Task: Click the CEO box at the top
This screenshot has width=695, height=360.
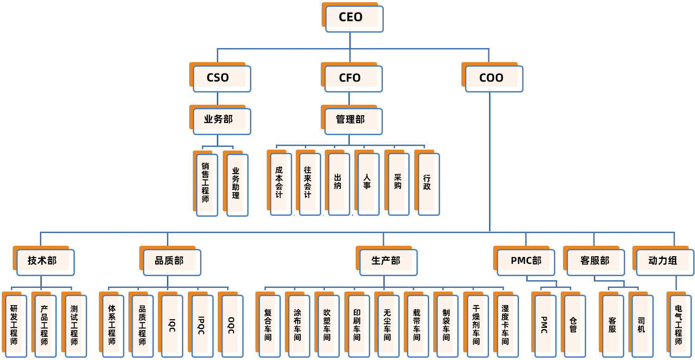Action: [354, 19]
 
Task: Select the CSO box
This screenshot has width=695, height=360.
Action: [221, 78]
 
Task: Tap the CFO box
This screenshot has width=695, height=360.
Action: [353, 78]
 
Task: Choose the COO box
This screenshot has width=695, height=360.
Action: [494, 78]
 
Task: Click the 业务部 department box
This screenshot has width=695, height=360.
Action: [221, 121]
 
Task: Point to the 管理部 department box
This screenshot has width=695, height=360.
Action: [353, 121]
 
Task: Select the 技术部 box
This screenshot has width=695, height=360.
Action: [45, 262]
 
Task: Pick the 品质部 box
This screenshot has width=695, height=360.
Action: [171, 262]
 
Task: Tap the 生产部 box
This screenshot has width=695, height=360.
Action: [388, 262]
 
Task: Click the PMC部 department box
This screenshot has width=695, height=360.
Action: [525, 262]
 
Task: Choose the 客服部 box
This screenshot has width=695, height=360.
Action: [595, 262]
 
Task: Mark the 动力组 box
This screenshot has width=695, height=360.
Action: [665, 262]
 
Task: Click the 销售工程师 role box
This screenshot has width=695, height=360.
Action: [207, 185]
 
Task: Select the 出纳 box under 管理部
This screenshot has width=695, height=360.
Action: [338, 184]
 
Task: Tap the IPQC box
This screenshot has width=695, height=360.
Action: [202, 326]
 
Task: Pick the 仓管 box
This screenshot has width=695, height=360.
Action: [574, 326]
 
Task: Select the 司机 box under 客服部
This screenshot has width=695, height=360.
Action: [642, 326]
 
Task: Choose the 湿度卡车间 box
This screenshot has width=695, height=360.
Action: [506, 326]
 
